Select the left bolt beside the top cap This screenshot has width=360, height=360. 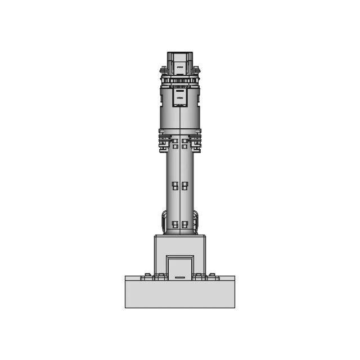163,70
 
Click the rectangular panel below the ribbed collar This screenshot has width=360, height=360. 180,98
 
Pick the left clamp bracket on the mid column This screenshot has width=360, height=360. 164,141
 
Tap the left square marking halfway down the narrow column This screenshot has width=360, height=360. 175,186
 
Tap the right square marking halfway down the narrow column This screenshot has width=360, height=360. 184,186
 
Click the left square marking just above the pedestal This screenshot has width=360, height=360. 175,224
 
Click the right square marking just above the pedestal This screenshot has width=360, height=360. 184,224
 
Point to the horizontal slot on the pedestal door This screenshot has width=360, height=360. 180,277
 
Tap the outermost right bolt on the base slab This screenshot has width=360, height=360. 213,275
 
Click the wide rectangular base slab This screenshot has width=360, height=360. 180,294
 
